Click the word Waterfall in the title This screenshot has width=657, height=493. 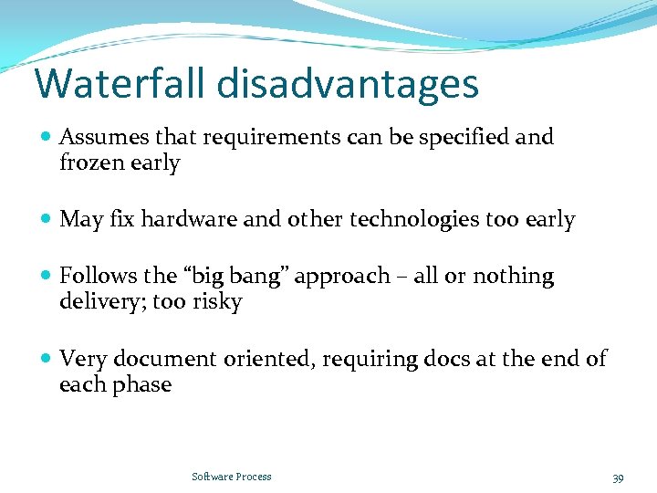(121, 83)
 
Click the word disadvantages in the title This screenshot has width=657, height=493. (348, 83)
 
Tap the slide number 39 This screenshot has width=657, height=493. (618, 477)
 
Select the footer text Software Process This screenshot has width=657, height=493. (232, 477)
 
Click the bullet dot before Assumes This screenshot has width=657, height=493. (47, 138)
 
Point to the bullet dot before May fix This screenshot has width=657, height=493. (47, 220)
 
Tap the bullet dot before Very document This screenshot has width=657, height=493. (47, 359)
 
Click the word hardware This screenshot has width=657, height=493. (185, 220)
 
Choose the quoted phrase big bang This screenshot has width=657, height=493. (214, 277)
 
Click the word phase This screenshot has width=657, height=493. (144, 384)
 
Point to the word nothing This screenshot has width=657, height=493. (512, 277)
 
